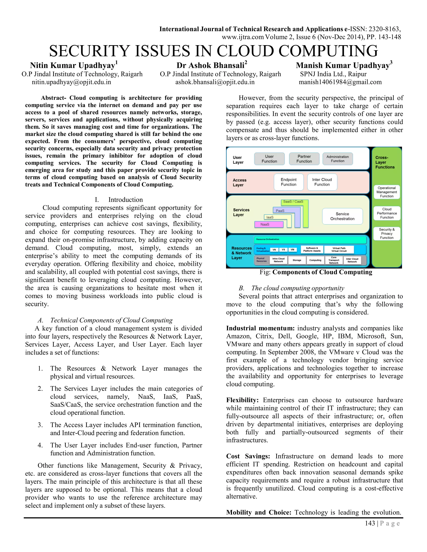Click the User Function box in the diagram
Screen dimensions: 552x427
tap(269, 159)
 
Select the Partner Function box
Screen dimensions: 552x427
tap(304, 159)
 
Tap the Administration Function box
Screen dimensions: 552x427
tap(338, 159)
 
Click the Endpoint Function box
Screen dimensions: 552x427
tap(288, 182)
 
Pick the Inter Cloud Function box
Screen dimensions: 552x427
tap(322, 182)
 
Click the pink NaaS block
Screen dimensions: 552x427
tap(268, 224)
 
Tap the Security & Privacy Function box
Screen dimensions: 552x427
tap(387, 234)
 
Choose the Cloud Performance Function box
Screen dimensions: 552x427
tap(387, 213)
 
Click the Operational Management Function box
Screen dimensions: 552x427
tap(387, 192)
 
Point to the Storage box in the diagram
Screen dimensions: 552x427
tap(297, 260)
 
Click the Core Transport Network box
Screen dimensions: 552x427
tap(334, 260)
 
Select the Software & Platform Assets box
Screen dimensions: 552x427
tap(312, 250)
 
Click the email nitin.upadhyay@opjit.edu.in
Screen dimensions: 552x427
tap(71, 82)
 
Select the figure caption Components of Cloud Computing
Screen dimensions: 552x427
tap(322, 272)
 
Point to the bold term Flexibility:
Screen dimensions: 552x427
tap(242, 400)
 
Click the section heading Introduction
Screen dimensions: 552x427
tap(126, 200)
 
